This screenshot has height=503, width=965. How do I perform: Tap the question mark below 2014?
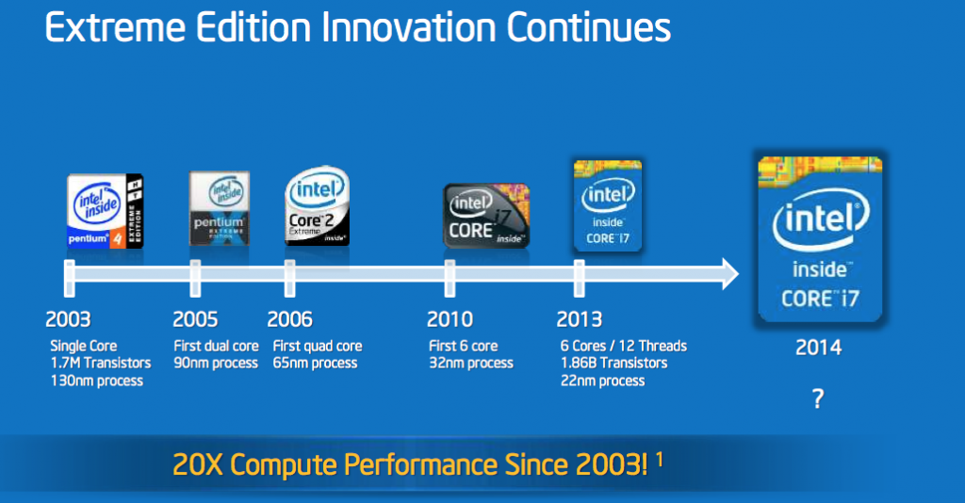pyautogui.click(x=818, y=398)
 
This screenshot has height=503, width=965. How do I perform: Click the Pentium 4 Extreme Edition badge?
pyautogui.click(x=106, y=210)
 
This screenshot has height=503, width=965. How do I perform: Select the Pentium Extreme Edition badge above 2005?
pyautogui.click(x=220, y=208)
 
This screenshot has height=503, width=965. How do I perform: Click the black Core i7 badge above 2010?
pyautogui.click(x=485, y=216)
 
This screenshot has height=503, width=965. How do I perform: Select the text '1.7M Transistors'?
pyautogui.click(x=100, y=364)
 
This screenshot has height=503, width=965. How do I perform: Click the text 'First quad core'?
pyautogui.click(x=317, y=346)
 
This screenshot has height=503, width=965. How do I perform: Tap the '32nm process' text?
pyautogui.click(x=470, y=364)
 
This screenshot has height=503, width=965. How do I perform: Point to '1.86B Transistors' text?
pyautogui.click(x=613, y=364)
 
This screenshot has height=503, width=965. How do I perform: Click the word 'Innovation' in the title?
pyautogui.click(x=410, y=28)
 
